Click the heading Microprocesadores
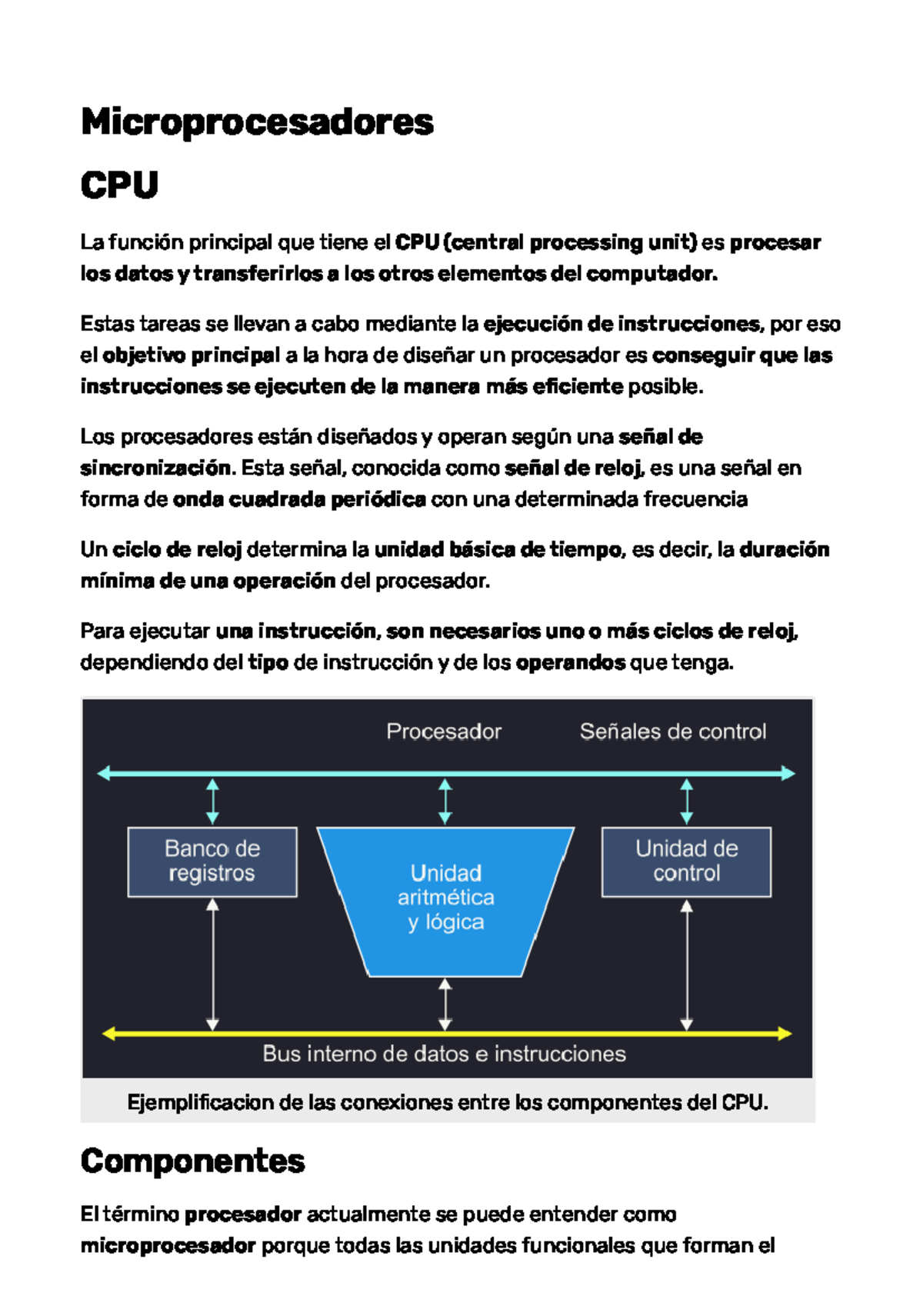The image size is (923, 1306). (x=257, y=122)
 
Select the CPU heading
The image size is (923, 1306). (x=119, y=185)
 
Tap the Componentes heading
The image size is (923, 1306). (x=192, y=1161)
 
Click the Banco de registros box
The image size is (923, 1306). (x=212, y=861)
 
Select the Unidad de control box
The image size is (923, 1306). (x=686, y=861)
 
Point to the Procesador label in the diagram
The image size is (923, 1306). (x=444, y=731)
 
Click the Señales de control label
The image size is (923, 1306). (x=673, y=731)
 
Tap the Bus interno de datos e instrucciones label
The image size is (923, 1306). (x=444, y=1054)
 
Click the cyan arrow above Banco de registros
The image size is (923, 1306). (x=213, y=801)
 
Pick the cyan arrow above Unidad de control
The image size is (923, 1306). (x=687, y=801)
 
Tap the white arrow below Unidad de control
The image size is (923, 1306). (x=687, y=965)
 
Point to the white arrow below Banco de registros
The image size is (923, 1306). (x=213, y=965)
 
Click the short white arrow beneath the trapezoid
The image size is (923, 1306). (x=445, y=1004)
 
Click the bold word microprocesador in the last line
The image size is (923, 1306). (x=168, y=1245)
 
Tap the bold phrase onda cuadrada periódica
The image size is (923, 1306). (x=299, y=500)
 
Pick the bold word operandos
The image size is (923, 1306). (x=570, y=662)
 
